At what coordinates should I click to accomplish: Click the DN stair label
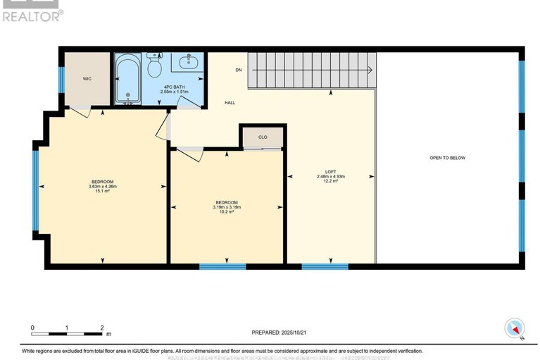(239, 70)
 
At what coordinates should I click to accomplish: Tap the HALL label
(230, 102)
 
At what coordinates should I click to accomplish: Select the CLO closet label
(262, 137)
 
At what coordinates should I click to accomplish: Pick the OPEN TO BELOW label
(447, 158)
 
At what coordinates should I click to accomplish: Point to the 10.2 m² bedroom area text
(227, 211)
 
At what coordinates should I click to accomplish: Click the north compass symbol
(515, 328)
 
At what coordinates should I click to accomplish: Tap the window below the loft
(325, 266)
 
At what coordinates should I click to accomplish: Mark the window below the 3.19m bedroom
(222, 266)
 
